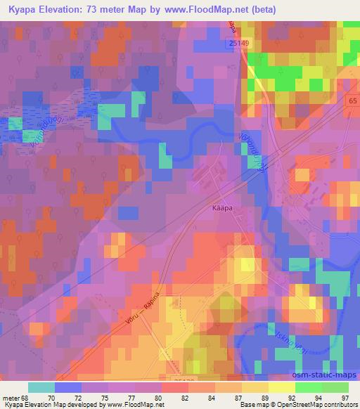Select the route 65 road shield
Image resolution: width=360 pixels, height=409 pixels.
point(352,102)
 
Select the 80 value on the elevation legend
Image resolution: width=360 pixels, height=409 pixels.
point(159,397)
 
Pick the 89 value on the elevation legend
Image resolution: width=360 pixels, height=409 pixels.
point(264,397)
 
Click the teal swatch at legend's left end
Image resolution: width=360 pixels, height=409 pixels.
point(41,387)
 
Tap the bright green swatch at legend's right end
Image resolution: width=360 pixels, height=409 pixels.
point(335,387)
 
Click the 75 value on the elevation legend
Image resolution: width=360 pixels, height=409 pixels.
point(107,397)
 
